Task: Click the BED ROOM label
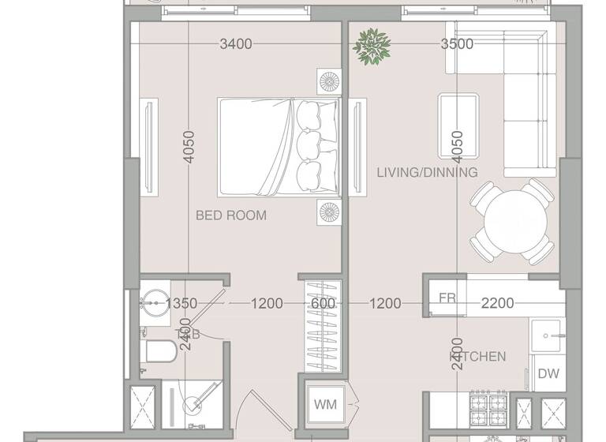point(231,215)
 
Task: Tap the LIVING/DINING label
point(427,172)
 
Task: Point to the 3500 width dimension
point(457,44)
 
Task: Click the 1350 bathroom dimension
point(181,303)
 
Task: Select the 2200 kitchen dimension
point(497,303)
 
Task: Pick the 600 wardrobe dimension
point(323,303)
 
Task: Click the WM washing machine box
point(325,405)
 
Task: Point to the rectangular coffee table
point(458,118)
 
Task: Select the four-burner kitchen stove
point(488,411)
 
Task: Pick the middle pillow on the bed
point(309,144)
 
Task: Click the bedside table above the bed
point(329,81)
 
